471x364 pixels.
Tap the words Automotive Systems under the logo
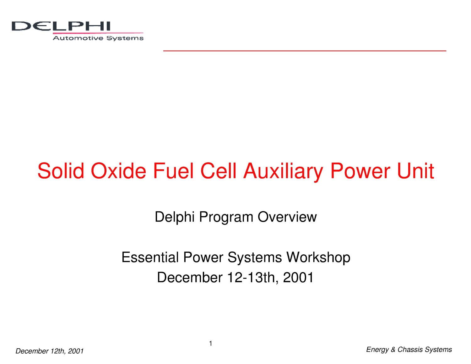[x=98, y=38]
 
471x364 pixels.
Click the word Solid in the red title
[x=61, y=171]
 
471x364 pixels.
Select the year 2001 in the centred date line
[x=298, y=278]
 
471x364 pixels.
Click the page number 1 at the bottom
[x=211, y=344]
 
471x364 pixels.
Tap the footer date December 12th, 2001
[x=50, y=351]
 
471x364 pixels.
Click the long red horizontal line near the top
[x=305, y=51]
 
